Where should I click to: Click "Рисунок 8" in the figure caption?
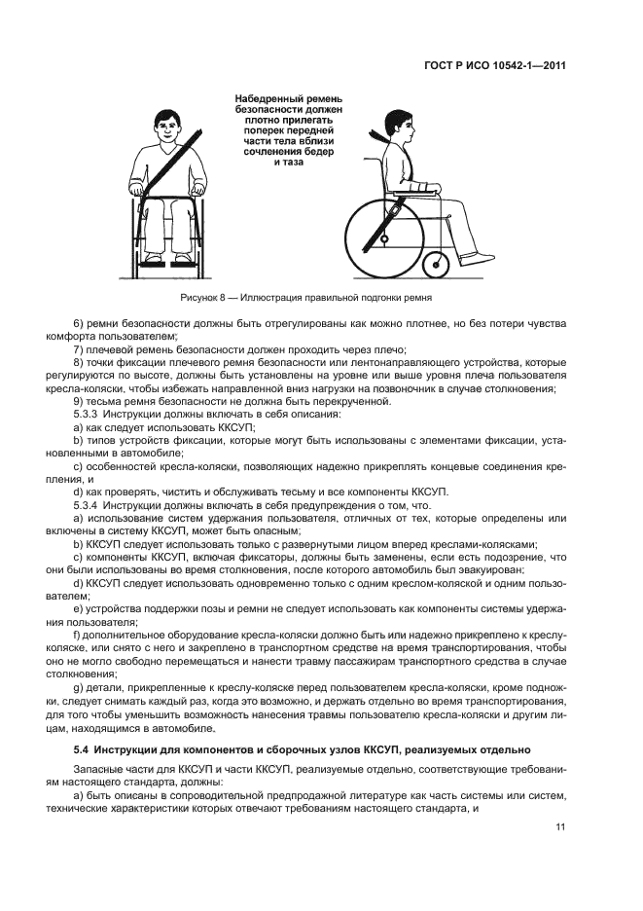202,295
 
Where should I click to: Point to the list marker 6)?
80,322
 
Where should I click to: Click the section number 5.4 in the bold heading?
83,749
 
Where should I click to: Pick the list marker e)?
79,608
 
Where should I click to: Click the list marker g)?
79,688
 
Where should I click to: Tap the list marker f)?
78,635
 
